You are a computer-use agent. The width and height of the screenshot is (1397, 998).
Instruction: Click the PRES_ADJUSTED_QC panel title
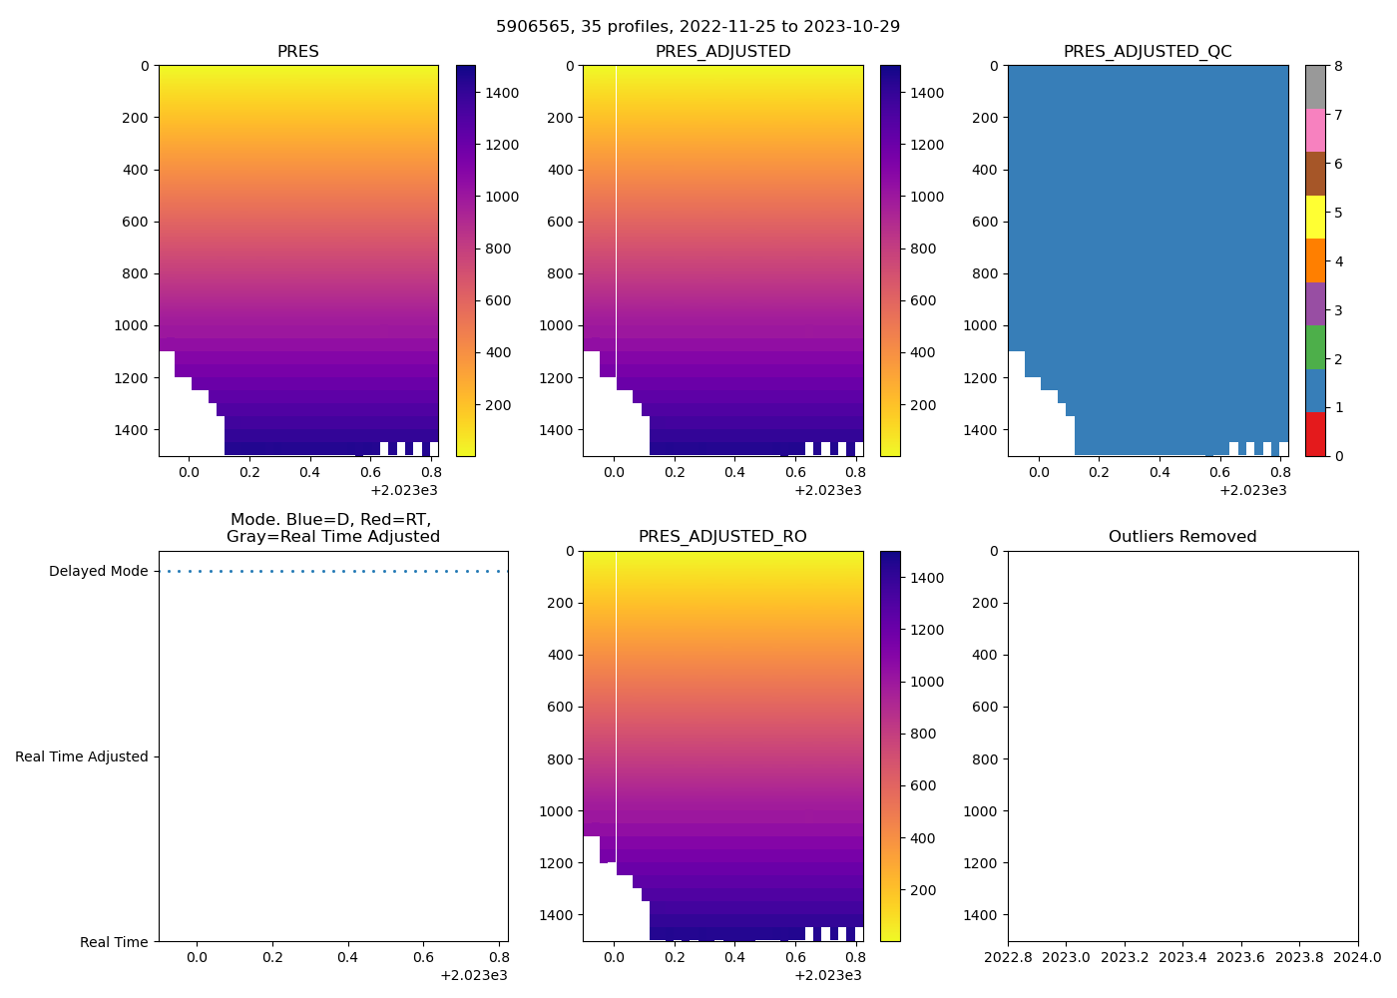click(1148, 52)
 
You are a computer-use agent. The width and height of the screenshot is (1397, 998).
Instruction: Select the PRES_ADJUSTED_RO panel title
click(722, 537)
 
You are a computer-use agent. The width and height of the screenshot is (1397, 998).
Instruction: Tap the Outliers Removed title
click(1182, 537)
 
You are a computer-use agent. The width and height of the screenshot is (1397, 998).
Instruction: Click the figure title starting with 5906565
click(698, 27)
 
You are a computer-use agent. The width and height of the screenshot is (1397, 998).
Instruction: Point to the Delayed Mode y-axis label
click(98, 572)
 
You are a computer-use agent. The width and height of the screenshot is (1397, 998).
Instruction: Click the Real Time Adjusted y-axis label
click(82, 757)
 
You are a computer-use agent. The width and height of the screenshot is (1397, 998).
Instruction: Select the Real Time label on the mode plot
click(114, 943)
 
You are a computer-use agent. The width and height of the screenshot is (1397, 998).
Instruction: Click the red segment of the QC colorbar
click(1315, 434)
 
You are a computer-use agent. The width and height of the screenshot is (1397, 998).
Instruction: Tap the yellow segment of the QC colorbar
click(1315, 217)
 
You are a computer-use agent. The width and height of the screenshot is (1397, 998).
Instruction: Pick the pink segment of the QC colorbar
click(1315, 130)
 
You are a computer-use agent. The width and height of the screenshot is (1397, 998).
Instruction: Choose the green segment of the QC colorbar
click(1315, 347)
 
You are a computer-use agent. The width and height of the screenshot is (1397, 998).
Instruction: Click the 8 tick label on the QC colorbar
click(1338, 67)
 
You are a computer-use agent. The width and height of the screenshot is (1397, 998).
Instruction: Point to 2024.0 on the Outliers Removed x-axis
click(1358, 958)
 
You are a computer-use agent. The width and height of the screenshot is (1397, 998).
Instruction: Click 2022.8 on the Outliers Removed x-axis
click(1008, 958)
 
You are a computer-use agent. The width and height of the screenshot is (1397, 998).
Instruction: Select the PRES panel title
click(298, 52)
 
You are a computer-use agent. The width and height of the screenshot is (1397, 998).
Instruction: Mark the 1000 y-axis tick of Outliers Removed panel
click(980, 811)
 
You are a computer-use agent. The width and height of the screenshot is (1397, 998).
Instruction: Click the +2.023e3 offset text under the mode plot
click(474, 975)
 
